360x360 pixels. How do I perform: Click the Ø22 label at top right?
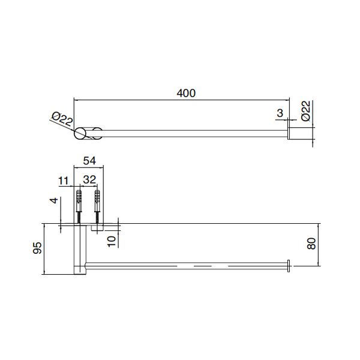point(305,111)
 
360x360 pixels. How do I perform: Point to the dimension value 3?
point(280,112)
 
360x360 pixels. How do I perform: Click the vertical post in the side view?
point(79,249)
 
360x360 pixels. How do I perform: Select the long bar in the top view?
point(192,134)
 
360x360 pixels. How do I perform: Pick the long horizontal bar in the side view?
point(186,265)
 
